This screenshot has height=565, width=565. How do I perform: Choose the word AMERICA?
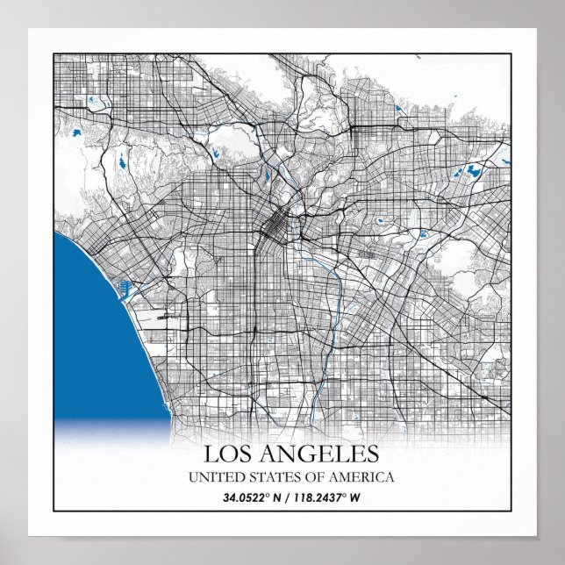[361, 477]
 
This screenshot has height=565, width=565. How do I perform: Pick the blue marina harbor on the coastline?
[125, 287]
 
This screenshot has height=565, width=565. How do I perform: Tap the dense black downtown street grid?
[274, 230]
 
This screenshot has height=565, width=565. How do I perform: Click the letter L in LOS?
[211, 454]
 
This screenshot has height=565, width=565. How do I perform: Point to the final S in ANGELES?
[372, 454]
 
